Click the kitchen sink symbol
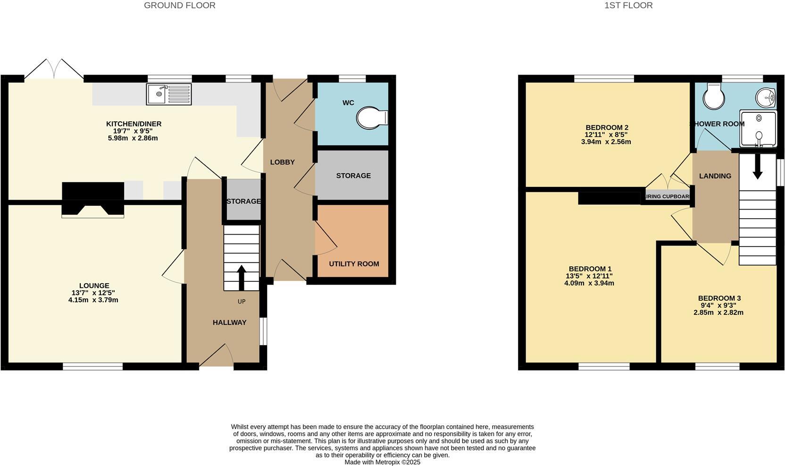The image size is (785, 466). (x=169, y=94)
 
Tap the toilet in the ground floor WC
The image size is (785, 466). (x=372, y=118)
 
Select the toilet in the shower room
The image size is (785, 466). (x=713, y=97)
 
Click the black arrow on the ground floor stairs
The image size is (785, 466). (x=241, y=278)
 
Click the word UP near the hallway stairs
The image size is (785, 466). (x=242, y=302)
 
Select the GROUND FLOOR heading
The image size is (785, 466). (x=180, y=6)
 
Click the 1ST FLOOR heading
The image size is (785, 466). (x=628, y=6)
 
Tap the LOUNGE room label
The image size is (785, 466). (x=94, y=286)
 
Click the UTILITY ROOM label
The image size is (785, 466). (x=354, y=264)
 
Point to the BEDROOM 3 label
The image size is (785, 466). (x=719, y=298)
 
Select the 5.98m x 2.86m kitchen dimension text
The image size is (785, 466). (x=133, y=138)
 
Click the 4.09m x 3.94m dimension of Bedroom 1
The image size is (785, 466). (x=589, y=283)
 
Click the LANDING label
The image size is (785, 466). (x=715, y=176)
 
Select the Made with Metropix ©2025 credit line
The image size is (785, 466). (x=382, y=462)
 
